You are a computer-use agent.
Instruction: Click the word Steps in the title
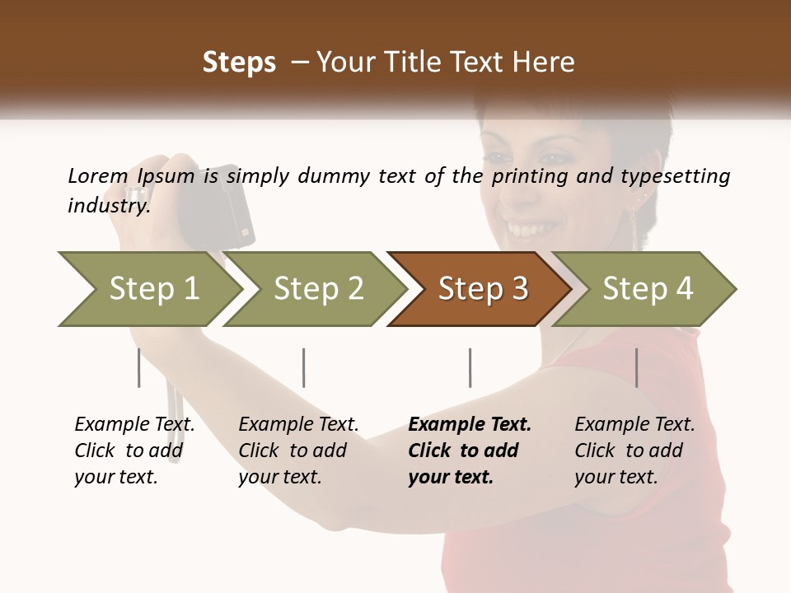click(x=239, y=62)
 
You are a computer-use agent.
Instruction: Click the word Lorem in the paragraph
click(x=97, y=175)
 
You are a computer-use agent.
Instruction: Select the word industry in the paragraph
click(x=108, y=205)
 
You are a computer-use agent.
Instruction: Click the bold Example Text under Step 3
click(x=470, y=425)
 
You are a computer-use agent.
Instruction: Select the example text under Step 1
click(x=134, y=451)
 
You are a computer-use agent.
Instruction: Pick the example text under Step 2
click(x=298, y=451)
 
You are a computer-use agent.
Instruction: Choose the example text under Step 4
click(x=634, y=451)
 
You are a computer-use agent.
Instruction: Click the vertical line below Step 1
click(x=139, y=367)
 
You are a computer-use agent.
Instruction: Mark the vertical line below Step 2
click(x=304, y=367)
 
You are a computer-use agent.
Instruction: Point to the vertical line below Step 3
click(x=470, y=367)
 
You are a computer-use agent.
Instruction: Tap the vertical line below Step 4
click(x=636, y=367)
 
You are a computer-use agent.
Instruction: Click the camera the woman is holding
click(x=227, y=206)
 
